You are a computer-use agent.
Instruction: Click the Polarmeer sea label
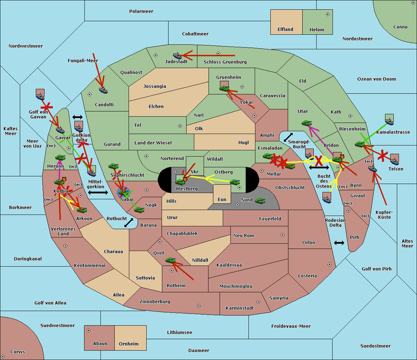point(141,11)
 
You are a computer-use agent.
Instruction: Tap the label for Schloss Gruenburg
point(225,62)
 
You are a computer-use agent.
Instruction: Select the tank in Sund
point(260,201)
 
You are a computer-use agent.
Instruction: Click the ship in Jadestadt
point(177,56)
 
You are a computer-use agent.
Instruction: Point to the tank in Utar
point(306,123)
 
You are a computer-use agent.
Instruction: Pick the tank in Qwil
point(171,260)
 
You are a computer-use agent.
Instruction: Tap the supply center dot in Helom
point(328,14)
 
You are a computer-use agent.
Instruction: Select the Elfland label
point(285,30)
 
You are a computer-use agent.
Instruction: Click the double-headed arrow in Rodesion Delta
point(339,243)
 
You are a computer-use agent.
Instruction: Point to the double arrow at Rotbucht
point(129,223)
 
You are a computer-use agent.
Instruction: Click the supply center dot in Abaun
point(89,330)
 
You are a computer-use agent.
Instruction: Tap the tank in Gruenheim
point(224,88)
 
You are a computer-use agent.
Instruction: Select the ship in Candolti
point(103,90)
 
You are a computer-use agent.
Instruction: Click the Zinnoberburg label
point(155,301)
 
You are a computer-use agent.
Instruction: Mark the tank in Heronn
point(60,157)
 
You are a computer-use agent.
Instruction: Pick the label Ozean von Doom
point(376,79)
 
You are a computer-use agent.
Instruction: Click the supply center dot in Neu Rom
point(283,235)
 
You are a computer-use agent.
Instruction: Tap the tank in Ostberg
point(235,182)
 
